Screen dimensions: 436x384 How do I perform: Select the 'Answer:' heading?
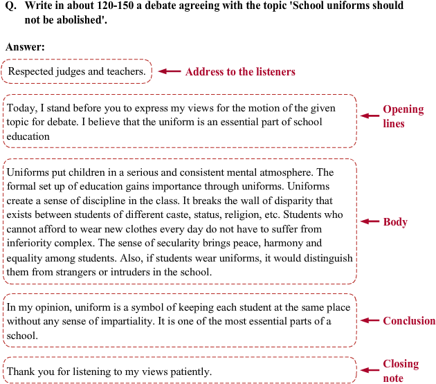[x=25, y=47]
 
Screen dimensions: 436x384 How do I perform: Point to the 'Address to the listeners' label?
[x=240, y=72]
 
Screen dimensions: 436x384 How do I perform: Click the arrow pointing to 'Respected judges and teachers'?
[x=170, y=71]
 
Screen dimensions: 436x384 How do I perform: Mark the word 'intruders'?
[x=130, y=272]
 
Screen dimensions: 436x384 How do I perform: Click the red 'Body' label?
[x=395, y=222]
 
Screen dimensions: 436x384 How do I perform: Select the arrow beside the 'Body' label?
[x=370, y=221]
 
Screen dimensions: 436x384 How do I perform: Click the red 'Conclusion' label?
[x=409, y=320]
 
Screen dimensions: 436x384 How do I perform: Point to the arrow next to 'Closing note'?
[x=370, y=370]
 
